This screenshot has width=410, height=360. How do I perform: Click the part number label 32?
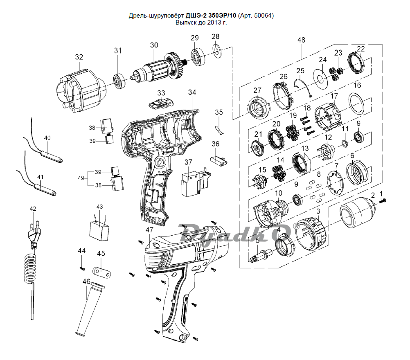(79, 57)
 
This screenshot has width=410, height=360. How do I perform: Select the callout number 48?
(301, 40)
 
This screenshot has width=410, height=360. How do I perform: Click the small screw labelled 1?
(384, 200)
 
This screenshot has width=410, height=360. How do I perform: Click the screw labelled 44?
(82, 268)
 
